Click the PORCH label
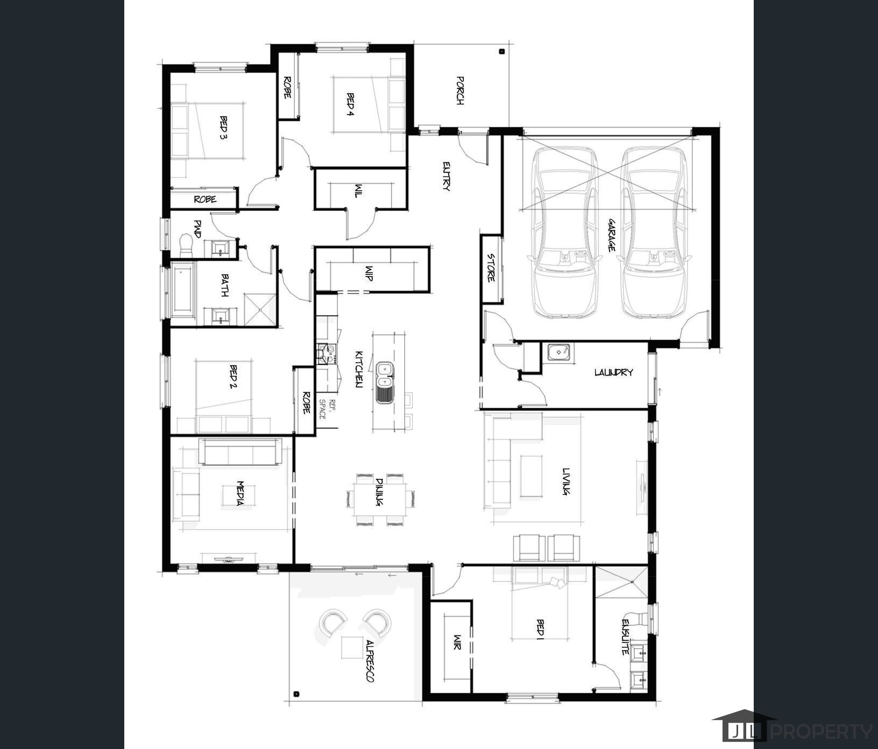point(460,90)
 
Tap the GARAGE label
point(612,235)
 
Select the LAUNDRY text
point(613,372)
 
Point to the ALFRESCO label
point(370,661)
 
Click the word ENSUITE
point(626,637)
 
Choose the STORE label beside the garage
point(491,267)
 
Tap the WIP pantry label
point(369,273)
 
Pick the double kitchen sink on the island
point(384,375)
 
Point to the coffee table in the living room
point(532,476)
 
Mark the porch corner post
point(501,52)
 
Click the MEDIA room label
point(239,493)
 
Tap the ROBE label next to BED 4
point(287,87)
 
